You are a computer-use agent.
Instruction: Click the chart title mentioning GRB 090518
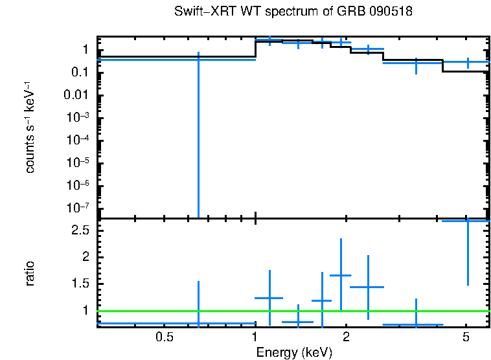click(x=293, y=12)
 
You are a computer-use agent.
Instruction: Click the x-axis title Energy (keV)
click(x=294, y=352)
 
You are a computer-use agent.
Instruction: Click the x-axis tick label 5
click(x=466, y=337)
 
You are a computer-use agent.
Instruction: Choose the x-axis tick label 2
click(x=346, y=337)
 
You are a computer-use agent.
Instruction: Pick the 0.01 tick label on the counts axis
click(x=80, y=95)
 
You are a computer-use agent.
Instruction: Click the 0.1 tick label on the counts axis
click(x=82, y=73)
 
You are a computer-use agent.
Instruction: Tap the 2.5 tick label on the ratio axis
click(x=81, y=231)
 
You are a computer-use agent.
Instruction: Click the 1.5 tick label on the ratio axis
click(x=81, y=284)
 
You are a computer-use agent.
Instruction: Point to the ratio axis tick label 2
click(x=86, y=257)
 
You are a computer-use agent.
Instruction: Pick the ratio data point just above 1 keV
click(x=269, y=298)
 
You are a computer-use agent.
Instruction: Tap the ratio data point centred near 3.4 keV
click(x=416, y=324)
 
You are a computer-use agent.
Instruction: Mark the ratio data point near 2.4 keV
click(x=368, y=287)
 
